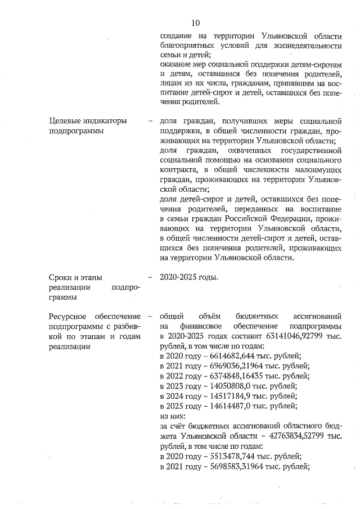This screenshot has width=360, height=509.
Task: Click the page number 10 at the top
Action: pos(196,23)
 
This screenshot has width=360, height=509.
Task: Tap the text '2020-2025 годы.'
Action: pos(189,277)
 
